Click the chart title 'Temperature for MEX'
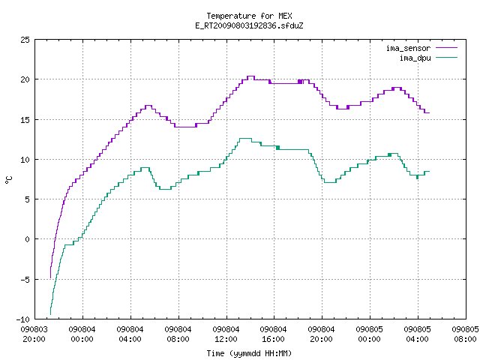[249, 16]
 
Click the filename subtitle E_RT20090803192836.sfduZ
[249, 25]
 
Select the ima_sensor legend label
[408, 48]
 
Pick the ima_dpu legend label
[415, 58]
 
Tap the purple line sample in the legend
[446, 48]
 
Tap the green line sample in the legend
[446, 58]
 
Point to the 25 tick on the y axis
[25, 40]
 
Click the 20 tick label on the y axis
[25, 79]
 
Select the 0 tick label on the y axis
[27, 239]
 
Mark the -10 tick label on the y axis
[23, 319]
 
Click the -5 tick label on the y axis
[25, 279]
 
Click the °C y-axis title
[8, 180]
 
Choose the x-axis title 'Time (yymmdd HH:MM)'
[249, 353]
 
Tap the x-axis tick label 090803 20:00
[34, 334]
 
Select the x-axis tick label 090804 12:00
[226, 334]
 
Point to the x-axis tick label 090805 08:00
[465, 334]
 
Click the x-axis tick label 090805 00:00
[370, 334]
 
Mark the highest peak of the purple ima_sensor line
[251, 76]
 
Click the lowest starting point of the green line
[50, 314]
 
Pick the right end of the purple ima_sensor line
[430, 113]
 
